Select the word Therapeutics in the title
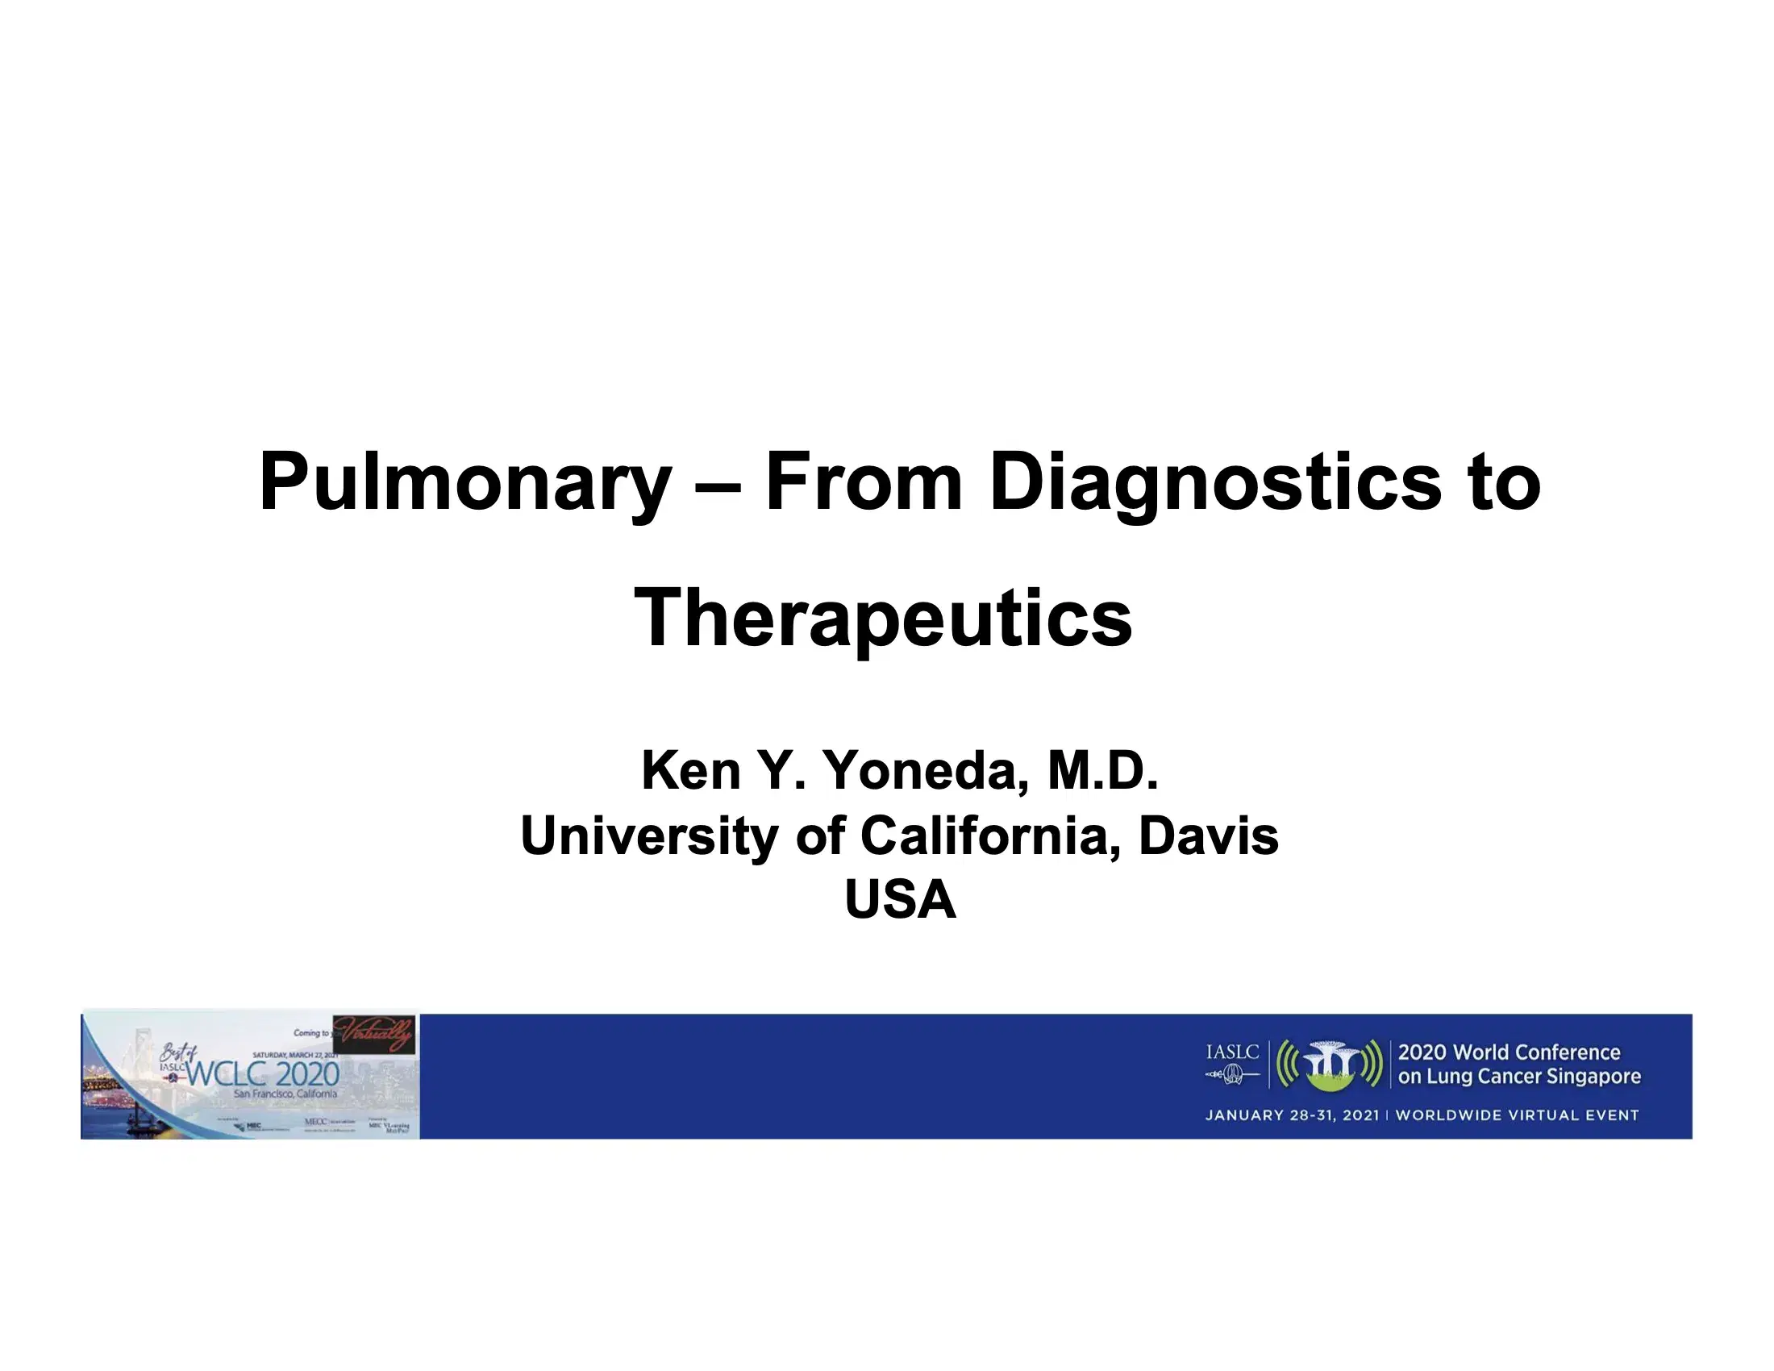coord(883,619)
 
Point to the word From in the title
coord(864,482)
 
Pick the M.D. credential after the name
coord(1102,770)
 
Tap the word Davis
coord(1208,836)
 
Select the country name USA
coord(900,899)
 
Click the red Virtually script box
coord(374,1035)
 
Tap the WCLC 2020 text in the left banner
coord(262,1074)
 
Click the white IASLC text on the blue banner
coord(1232,1052)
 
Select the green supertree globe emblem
coord(1330,1065)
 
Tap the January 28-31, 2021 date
coord(1292,1115)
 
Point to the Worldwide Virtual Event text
coord(1517,1115)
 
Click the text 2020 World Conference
coord(1509,1052)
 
